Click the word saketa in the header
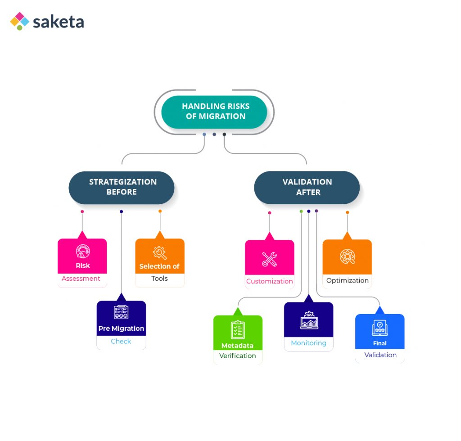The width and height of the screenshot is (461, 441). tap(58, 22)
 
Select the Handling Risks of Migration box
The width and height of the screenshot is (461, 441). tap(214, 112)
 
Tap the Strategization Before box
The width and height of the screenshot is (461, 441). tap(122, 187)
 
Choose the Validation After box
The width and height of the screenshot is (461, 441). tap(307, 187)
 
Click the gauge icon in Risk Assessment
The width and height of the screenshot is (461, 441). tap(82, 252)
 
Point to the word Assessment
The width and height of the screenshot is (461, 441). tap(81, 279)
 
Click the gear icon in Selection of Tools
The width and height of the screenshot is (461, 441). tap(160, 253)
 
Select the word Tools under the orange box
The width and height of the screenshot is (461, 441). tap(159, 279)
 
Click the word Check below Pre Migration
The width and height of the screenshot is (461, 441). tap(121, 342)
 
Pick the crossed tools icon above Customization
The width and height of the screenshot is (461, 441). tap(269, 259)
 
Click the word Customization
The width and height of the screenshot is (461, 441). tap(269, 281)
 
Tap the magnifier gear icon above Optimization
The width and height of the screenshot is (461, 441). tap(347, 256)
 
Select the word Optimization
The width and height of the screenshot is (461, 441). tap(347, 280)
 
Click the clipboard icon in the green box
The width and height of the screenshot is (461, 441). tap(237, 329)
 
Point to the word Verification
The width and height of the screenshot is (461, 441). tap(237, 356)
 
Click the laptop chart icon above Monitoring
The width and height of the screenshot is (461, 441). tap(309, 320)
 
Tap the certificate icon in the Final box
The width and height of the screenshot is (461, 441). tap(380, 328)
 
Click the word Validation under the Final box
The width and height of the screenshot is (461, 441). tap(380, 355)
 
